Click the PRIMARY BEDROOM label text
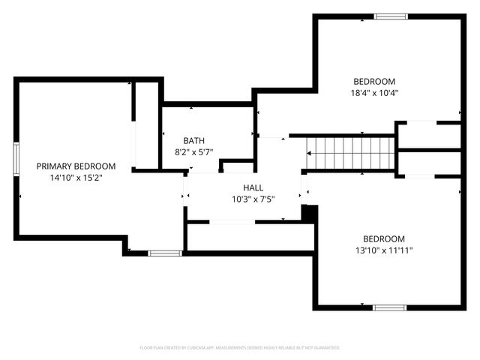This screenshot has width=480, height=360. click(x=76, y=166)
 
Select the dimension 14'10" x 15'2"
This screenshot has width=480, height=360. click(x=76, y=179)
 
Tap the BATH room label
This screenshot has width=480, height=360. click(x=194, y=140)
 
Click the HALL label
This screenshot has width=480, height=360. click(x=253, y=187)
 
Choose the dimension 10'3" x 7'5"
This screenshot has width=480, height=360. click(x=253, y=199)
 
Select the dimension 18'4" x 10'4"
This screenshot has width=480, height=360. click(x=373, y=94)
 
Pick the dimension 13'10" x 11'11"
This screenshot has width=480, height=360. click(x=383, y=251)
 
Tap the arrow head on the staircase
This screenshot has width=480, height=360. click(x=310, y=154)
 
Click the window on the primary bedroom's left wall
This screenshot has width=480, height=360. click(x=16, y=158)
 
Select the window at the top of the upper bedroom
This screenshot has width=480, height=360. click(x=391, y=16)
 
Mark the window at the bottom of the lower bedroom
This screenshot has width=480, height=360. click(x=390, y=307)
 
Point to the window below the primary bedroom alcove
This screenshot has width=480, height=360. click(x=165, y=253)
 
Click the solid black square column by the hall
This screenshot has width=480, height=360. click(x=307, y=213)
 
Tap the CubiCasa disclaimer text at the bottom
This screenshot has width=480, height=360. click(x=240, y=348)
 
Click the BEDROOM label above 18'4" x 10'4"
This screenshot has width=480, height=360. click(x=373, y=82)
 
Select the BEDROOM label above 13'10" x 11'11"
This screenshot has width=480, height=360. click(x=383, y=239)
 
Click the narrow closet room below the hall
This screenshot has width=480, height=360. click(x=249, y=236)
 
